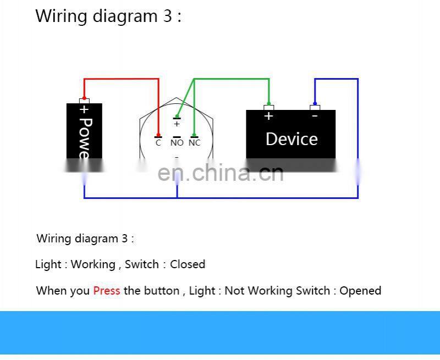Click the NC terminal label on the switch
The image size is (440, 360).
pyautogui.click(x=195, y=143)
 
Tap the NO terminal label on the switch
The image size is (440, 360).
pyautogui.click(x=177, y=143)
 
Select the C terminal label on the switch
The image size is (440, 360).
pyautogui.click(x=158, y=143)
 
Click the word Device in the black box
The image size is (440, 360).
pyautogui.click(x=291, y=139)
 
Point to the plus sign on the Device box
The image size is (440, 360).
pyautogui.click(x=268, y=116)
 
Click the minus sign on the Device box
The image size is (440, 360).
pyautogui.click(x=315, y=116)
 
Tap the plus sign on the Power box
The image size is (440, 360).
pyautogui.click(x=84, y=110)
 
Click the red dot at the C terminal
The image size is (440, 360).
pyautogui.click(x=158, y=135)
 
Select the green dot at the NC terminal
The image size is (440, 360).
pyautogui.click(x=194, y=135)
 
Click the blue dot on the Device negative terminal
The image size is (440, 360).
pyautogui.click(x=315, y=103)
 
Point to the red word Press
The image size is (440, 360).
pyautogui.click(x=107, y=291)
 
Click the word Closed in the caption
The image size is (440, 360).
pyautogui.click(x=188, y=264)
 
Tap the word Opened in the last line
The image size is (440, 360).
pyautogui.click(x=360, y=291)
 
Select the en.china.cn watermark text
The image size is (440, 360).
pyautogui.click(x=221, y=173)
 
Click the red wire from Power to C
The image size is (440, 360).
pyautogui.click(x=121, y=79)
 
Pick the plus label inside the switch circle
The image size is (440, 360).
pyautogui.click(x=177, y=124)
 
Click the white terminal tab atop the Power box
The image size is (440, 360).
pyautogui.click(x=84, y=101)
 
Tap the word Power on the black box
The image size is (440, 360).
pyautogui.click(x=84, y=137)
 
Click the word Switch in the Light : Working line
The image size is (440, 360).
pyautogui.click(x=141, y=264)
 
